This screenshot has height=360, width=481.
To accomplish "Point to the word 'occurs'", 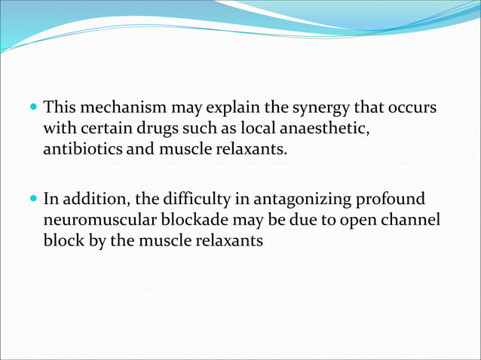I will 412,108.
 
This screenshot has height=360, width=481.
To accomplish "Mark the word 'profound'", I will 394,200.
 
